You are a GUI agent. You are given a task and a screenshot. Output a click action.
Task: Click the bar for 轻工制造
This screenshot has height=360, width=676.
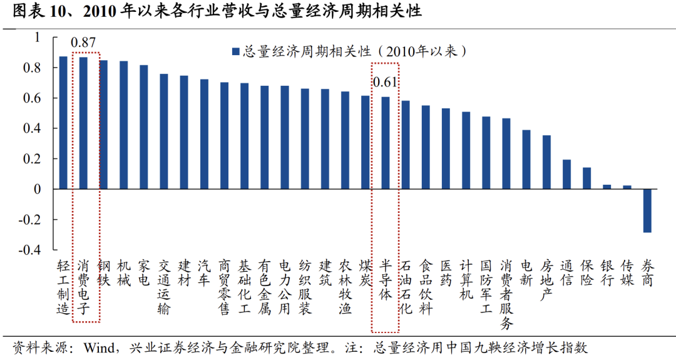click(x=63, y=123)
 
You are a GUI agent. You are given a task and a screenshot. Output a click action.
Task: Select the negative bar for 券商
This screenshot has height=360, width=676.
click(x=647, y=210)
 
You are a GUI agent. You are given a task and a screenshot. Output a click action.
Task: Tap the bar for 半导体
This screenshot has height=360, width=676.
click(x=386, y=143)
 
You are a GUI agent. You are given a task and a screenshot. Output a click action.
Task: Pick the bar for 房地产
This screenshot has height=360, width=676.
click(x=546, y=162)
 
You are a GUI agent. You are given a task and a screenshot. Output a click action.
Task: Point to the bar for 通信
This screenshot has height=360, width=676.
click(x=566, y=174)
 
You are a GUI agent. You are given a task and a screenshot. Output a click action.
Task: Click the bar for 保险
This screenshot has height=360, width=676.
click(x=586, y=178)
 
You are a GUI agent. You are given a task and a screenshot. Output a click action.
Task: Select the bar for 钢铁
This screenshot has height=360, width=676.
click(x=103, y=125)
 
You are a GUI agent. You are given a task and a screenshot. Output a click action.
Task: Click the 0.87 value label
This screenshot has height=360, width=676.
click(x=83, y=43)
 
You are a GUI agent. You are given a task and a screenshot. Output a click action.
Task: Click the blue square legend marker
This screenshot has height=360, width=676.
click(x=235, y=51)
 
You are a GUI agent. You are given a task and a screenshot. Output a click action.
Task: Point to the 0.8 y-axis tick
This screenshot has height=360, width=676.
click(x=32, y=68)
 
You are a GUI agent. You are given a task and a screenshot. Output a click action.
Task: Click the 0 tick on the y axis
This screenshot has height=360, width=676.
click(x=37, y=189)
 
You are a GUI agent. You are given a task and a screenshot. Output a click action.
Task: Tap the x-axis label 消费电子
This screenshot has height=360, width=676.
click(x=83, y=287)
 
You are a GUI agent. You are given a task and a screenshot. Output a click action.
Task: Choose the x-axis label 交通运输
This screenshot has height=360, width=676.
click(x=164, y=287)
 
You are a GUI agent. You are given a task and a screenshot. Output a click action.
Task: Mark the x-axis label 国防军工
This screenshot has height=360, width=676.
click(x=486, y=287)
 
